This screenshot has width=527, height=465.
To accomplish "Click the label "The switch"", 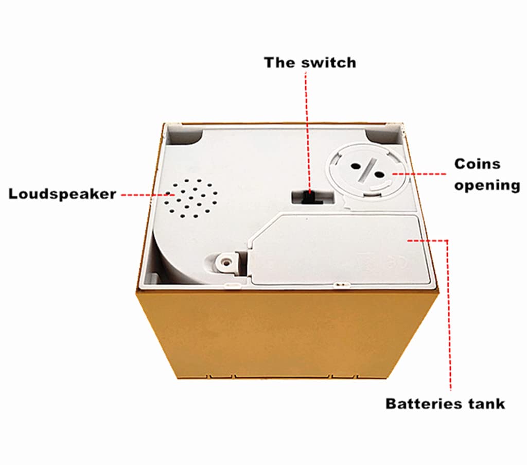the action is (x=310, y=63).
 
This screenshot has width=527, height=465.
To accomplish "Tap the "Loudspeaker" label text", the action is (x=62, y=194).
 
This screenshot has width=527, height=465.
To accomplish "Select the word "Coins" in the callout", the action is (x=477, y=164).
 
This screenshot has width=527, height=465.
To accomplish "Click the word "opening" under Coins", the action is (x=487, y=185).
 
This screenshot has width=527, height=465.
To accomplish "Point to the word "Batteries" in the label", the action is (x=421, y=404).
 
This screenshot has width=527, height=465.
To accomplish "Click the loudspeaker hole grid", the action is (x=190, y=198).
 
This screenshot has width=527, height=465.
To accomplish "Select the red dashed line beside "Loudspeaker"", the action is (x=145, y=194).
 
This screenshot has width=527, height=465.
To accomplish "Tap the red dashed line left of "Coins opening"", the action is (x=419, y=174).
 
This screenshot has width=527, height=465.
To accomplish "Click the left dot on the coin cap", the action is (x=355, y=166).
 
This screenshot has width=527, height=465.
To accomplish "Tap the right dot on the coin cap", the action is (x=379, y=175).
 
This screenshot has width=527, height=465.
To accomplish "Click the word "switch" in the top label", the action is (x=328, y=63).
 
